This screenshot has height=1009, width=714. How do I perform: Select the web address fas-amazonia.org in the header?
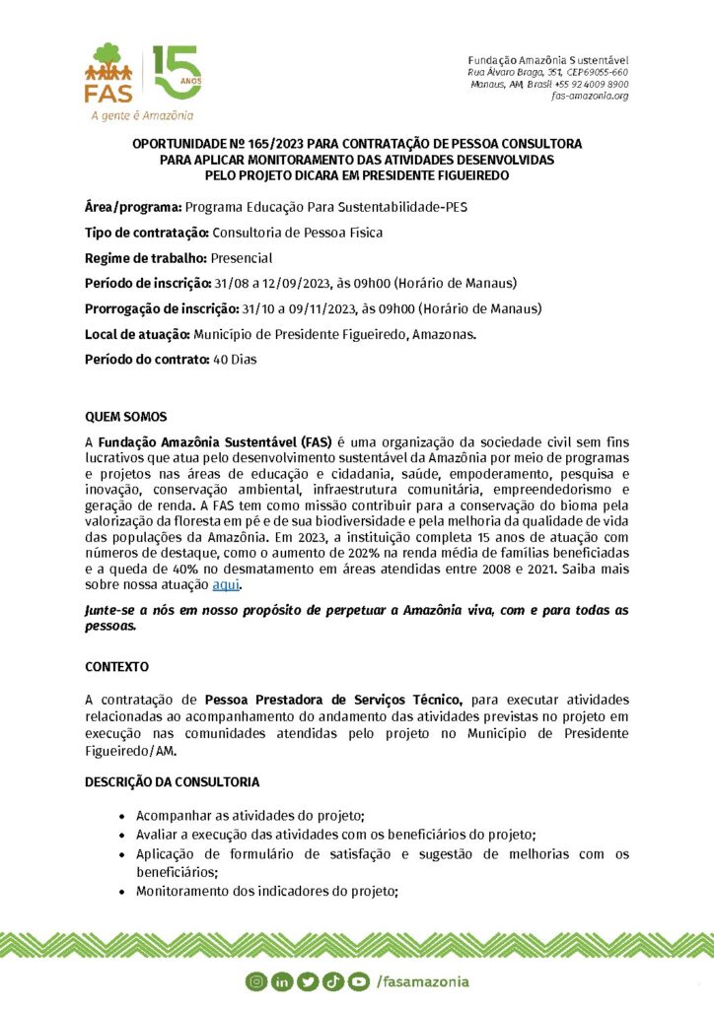coord(591,96)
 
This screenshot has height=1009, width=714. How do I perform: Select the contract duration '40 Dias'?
coord(235,360)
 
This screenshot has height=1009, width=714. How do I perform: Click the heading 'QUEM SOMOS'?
coord(126,417)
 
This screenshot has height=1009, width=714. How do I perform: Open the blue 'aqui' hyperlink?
coord(226,585)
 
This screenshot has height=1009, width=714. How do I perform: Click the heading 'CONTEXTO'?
coord(117,666)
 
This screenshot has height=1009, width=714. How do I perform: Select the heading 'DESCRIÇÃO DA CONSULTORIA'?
coord(173,781)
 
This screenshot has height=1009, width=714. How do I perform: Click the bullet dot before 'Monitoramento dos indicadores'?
coord(121,892)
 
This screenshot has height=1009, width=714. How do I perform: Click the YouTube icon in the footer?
coord(307,981)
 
